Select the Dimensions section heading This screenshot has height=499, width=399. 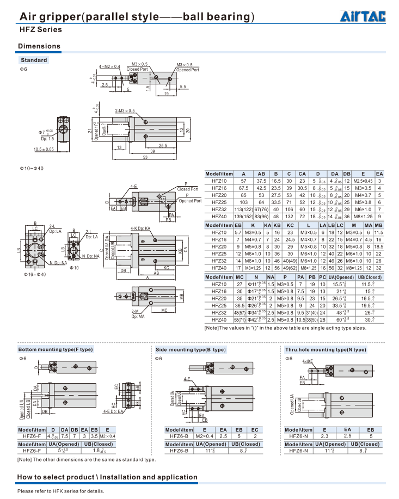(40, 46)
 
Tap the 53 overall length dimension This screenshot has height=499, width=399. (145, 157)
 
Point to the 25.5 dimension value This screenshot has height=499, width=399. (163, 145)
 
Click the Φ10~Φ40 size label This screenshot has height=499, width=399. (32, 168)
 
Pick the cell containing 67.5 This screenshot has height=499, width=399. (243, 187)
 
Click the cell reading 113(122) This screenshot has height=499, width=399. (243, 209)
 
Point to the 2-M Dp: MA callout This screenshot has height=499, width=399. (138, 313)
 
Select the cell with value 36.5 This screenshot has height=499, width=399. (239, 306)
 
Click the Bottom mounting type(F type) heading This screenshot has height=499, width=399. (56, 349)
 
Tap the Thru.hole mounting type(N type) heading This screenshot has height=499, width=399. (326, 349)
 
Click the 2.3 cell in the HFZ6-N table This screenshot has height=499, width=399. (324, 436)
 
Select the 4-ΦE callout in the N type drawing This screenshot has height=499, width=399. (308, 361)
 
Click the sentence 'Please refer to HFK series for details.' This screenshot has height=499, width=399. (60, 491)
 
